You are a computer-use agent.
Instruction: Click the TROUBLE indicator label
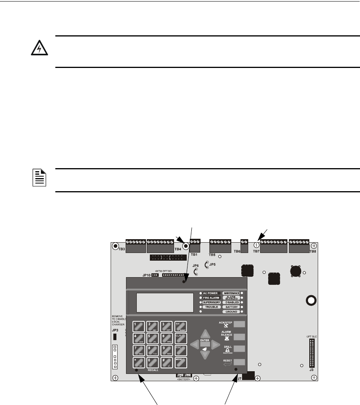[x=211, y=307]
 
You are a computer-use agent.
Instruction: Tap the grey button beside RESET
[x=239, y=361]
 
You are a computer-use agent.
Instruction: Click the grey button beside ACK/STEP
[x=239, y=324]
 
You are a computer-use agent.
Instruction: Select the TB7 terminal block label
[x=256, y=251]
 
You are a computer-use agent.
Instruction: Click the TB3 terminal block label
[x=121, y=249]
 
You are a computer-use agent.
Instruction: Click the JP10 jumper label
[x=146, y=275]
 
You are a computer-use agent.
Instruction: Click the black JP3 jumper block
[x=114, y=337]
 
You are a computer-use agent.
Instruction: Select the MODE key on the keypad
[x=181, y=362]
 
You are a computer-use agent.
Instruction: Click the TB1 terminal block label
[x=194, y=255]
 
